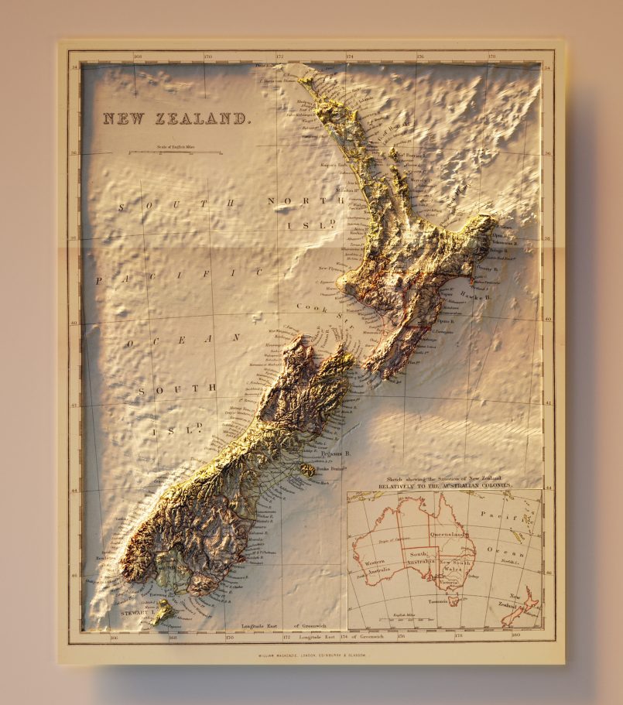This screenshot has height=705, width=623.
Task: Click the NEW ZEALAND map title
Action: click(177, 119)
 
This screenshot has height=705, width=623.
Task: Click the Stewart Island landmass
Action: click(163, 612)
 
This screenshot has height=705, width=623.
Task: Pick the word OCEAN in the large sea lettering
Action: click(184, 339)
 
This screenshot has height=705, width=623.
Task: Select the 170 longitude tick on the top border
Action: click(208, 56)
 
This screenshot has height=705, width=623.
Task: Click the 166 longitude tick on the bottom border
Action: click(114, 638)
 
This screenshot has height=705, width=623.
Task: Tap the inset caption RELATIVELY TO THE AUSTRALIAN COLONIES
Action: click(445, 485)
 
